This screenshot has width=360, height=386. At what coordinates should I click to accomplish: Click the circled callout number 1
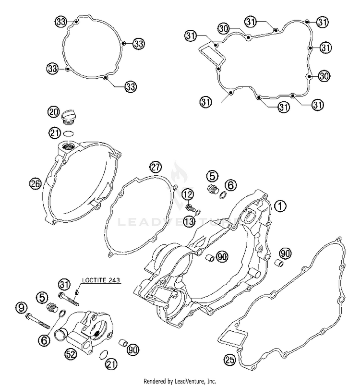click(x=280, y=206)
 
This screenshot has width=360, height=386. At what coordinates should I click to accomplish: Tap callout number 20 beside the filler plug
click(x=53, y=112)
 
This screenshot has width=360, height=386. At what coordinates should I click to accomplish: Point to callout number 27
click(x=155, y=168)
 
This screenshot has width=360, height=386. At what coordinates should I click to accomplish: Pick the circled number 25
click(x=229, y=359)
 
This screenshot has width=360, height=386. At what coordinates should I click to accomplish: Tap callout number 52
click(x=71, y=354)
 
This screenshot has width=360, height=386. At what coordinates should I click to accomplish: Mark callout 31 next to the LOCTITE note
click(x=64, y=284)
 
